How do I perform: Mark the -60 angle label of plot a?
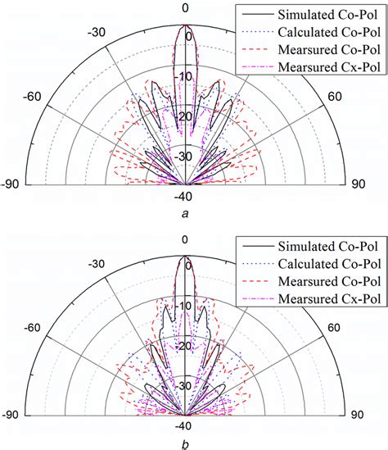point(33,96)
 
